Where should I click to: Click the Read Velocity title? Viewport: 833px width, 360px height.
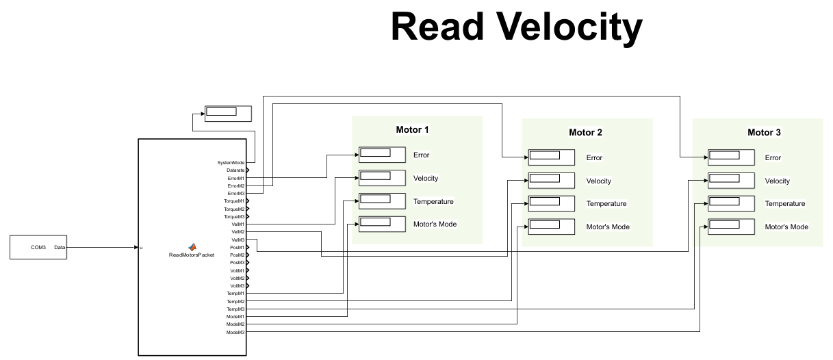pyautogui.click(x=517, y=27)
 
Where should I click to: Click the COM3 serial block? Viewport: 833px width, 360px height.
pyautogui.click(x=38, y=247)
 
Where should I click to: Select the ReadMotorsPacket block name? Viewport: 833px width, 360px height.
pyautogui.click(x=192, y=255)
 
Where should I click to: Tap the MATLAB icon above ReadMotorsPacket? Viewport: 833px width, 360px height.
pyautogui.click(x=192, y=246)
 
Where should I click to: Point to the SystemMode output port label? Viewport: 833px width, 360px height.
pyautogui.click(x=231, y=162)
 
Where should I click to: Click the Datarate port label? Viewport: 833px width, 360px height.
pyautogui.click(x=235, y=170)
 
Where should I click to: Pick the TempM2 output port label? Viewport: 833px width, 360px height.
pyautogui.click(x=235, y=301)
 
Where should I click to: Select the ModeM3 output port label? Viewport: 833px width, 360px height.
pyautogui.click(x=235, y=332)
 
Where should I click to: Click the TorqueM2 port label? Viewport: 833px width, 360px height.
pyautogui.click(x=234, y=209)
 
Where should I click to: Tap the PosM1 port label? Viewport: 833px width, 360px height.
pyautogui.click(x=237, y=247)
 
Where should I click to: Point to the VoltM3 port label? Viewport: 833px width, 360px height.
pyautogui.click(x=237, y=285)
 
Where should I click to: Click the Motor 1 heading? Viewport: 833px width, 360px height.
pyautogui.click(x=413, y=129)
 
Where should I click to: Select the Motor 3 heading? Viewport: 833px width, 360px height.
pyautogui.click(x=764, y=132)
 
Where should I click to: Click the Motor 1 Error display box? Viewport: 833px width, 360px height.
pyautogui.click(x=382, y=155)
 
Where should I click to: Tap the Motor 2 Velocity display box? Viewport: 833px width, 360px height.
pyautogui.click(x=551, y=181)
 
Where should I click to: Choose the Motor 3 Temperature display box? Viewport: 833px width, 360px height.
pyautogui.click(x=731, y=203)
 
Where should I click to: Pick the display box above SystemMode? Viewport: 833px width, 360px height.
pyautogui.click(x=228, y=113)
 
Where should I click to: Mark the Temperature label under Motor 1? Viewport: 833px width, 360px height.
pyautogui.click(x=433, y=201)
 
